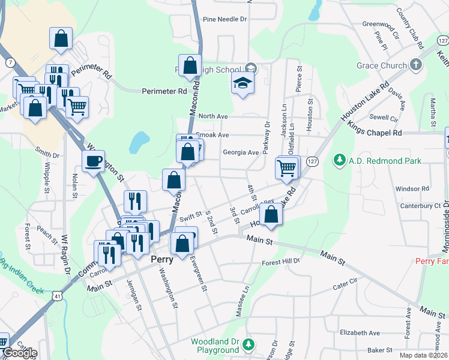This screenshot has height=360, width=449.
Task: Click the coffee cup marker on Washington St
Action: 93,161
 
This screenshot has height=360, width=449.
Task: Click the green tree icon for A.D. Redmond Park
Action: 340,160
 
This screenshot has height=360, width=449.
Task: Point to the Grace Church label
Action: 381,65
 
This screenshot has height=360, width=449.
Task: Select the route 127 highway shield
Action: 312,162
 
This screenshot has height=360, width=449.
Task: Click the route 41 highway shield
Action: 57,296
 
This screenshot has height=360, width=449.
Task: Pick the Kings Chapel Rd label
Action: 375,132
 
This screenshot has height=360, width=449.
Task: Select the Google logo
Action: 19,353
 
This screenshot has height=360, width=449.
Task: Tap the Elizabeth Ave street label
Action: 360,332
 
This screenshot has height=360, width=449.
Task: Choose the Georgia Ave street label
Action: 241,152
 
